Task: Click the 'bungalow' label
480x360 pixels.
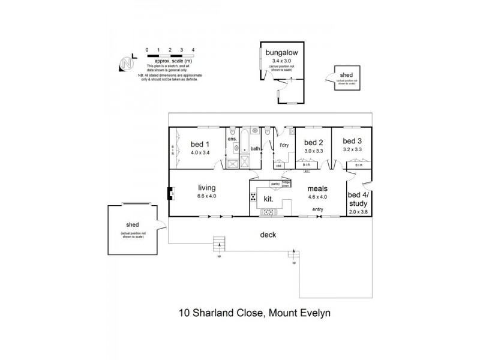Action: (280, 53)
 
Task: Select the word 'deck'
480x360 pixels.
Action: (268, 235)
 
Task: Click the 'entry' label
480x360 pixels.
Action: (317, 209)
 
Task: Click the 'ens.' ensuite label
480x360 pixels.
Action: (232, 139)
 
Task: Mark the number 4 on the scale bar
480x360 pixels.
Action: (192, 49)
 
